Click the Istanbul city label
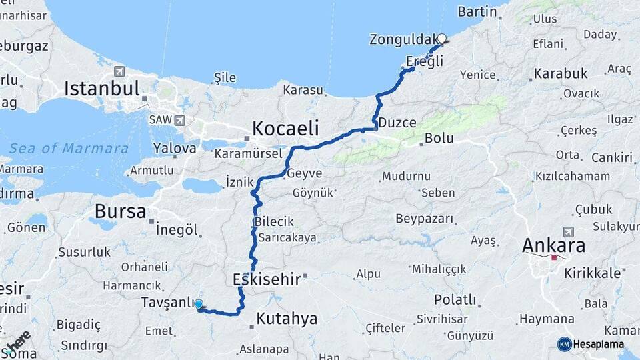[102, 89]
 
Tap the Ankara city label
[553, 245]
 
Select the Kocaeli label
[285, 128]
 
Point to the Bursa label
[120, 211]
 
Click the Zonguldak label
[402, 39]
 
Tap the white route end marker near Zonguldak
[441, 39]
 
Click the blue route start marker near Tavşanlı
[198, 304]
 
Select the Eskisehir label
[267, 279]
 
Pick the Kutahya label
[287, 319]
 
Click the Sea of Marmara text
[69, 148]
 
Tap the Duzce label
[397, 123]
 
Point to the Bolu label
[439, 139]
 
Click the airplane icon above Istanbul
[119, 71]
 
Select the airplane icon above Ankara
[568, 231]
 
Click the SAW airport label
[160, 121]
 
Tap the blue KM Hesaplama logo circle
[564, 344]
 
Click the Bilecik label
[273, 222]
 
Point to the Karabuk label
[561, 73]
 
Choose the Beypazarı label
[425, 219]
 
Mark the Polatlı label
[455, 299]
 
